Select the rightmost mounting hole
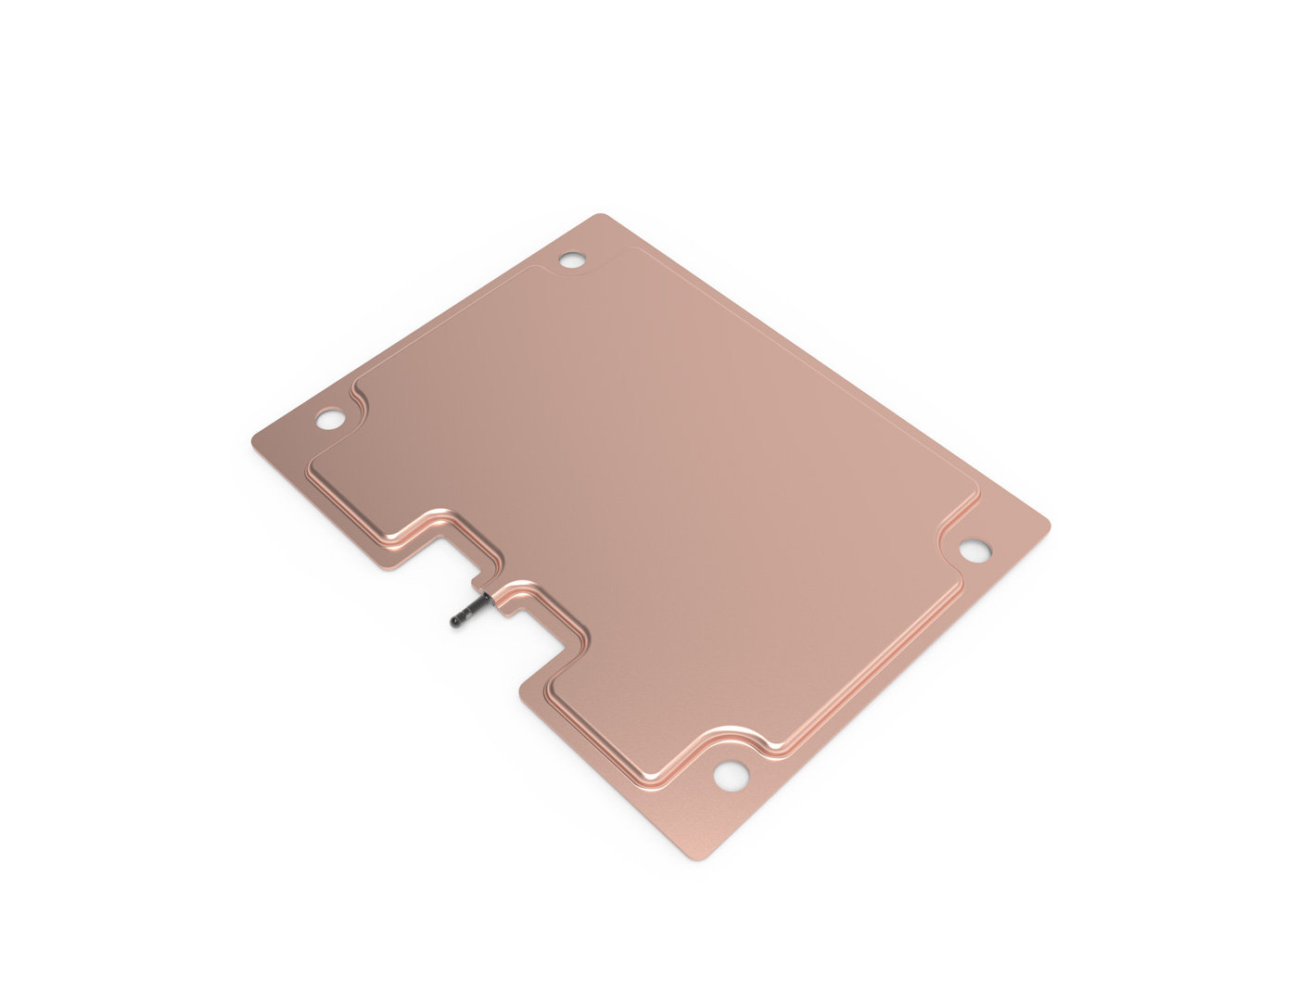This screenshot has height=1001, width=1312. coord(974,551)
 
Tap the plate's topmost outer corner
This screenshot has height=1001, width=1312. coord(601,216)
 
